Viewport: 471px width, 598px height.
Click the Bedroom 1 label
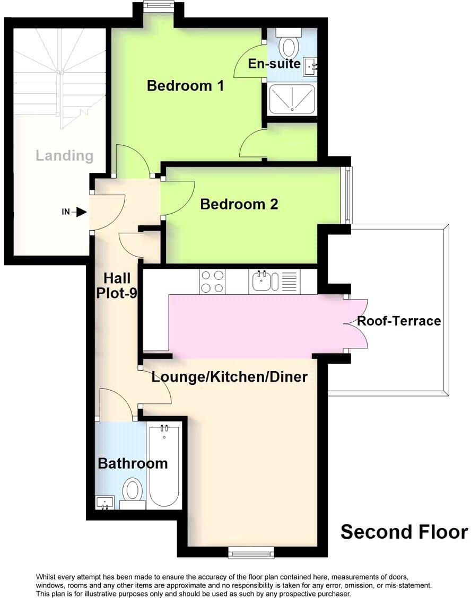click(186, 85)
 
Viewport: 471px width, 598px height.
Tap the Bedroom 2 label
click(239, 204)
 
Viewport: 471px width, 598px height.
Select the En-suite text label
click(274, 64)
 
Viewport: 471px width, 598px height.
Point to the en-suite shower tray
click(292, 99)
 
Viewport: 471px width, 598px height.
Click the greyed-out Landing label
click(64, 156)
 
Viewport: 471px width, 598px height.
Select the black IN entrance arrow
click(79, 212)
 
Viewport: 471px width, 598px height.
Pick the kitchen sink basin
click(263, 281)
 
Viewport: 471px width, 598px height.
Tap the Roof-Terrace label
click(399, 321)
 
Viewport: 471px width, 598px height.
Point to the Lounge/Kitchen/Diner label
click(230, 377)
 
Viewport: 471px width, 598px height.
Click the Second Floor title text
click(404, 532)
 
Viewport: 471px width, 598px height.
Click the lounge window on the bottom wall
click(252, 553)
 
